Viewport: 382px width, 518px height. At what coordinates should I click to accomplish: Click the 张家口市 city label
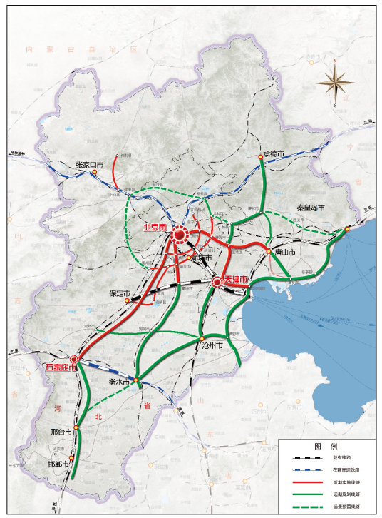[x=89, y=164]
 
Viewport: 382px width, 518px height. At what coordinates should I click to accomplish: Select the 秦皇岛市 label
[x=310, y=208]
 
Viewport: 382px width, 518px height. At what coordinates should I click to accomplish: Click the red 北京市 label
[x=155, y=228]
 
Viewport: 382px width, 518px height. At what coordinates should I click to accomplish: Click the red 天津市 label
[x=236, y=278]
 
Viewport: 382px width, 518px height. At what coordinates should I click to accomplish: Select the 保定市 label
[x=118, y=293]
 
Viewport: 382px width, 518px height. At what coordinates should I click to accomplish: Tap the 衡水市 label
[x=118, y=382]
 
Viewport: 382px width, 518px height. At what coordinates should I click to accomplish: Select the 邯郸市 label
[x=58, y=464]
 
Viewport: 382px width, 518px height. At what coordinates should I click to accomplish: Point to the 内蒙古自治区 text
[x=80, y=49]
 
